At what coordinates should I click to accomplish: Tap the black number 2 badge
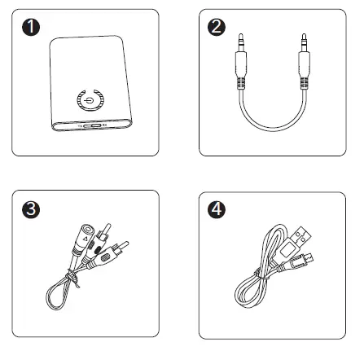point(216,26)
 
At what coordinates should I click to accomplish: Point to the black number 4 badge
point(216,209)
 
